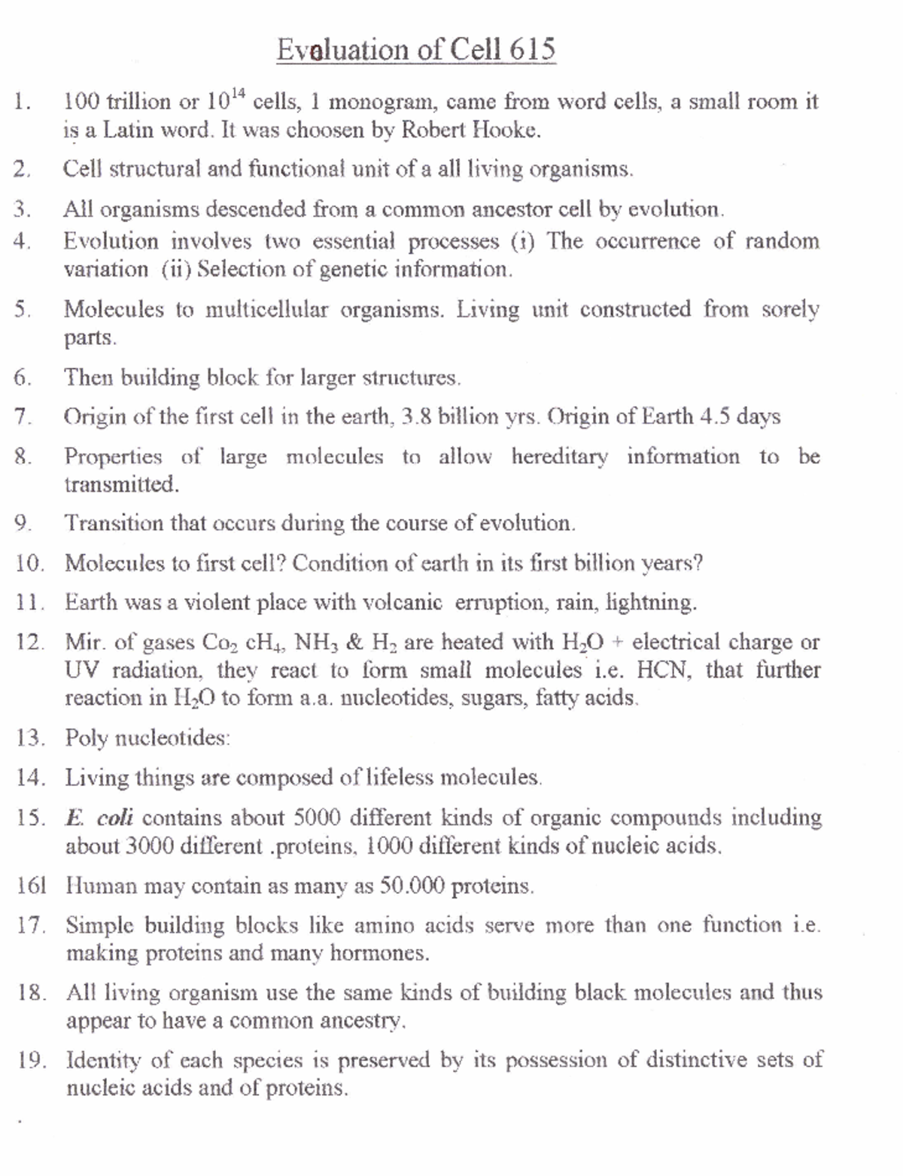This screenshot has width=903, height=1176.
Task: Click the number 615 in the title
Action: [x=532, y=50]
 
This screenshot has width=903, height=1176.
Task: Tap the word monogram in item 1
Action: [x=379, y=102]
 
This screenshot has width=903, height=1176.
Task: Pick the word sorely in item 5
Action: [x=790, y=309]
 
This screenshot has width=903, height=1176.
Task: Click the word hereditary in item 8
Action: [x=559, y=456]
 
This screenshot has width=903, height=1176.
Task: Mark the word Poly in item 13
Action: [x=87, y=738]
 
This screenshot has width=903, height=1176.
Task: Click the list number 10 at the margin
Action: [x=29, y=563]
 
